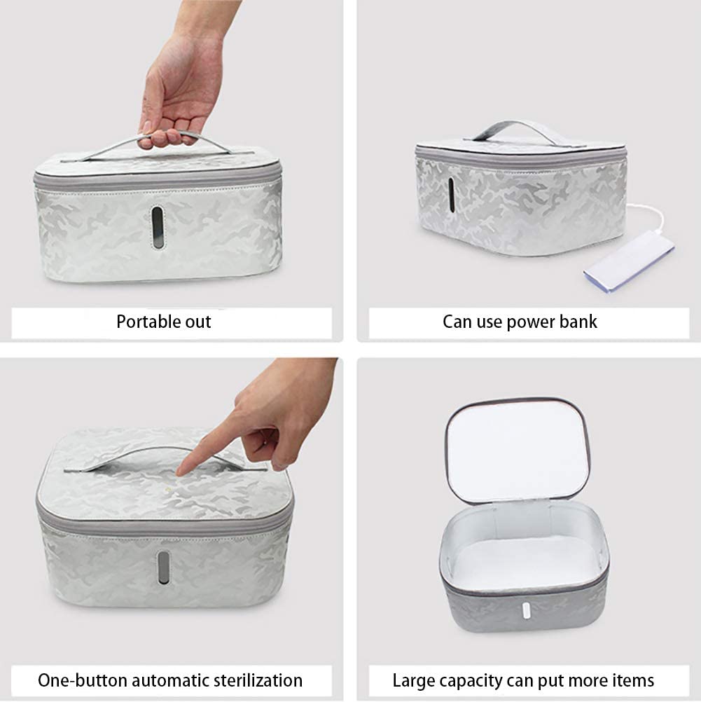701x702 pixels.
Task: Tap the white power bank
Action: (x=629, y=261)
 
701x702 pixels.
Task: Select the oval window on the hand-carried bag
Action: (x=158, y=227)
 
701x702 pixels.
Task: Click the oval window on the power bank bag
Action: (x=451, y=196)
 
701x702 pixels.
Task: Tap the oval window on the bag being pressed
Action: (x=163, y=567)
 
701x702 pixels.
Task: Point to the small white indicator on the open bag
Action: (x=526, y=611)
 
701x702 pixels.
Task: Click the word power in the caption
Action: (x=529, y=322)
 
